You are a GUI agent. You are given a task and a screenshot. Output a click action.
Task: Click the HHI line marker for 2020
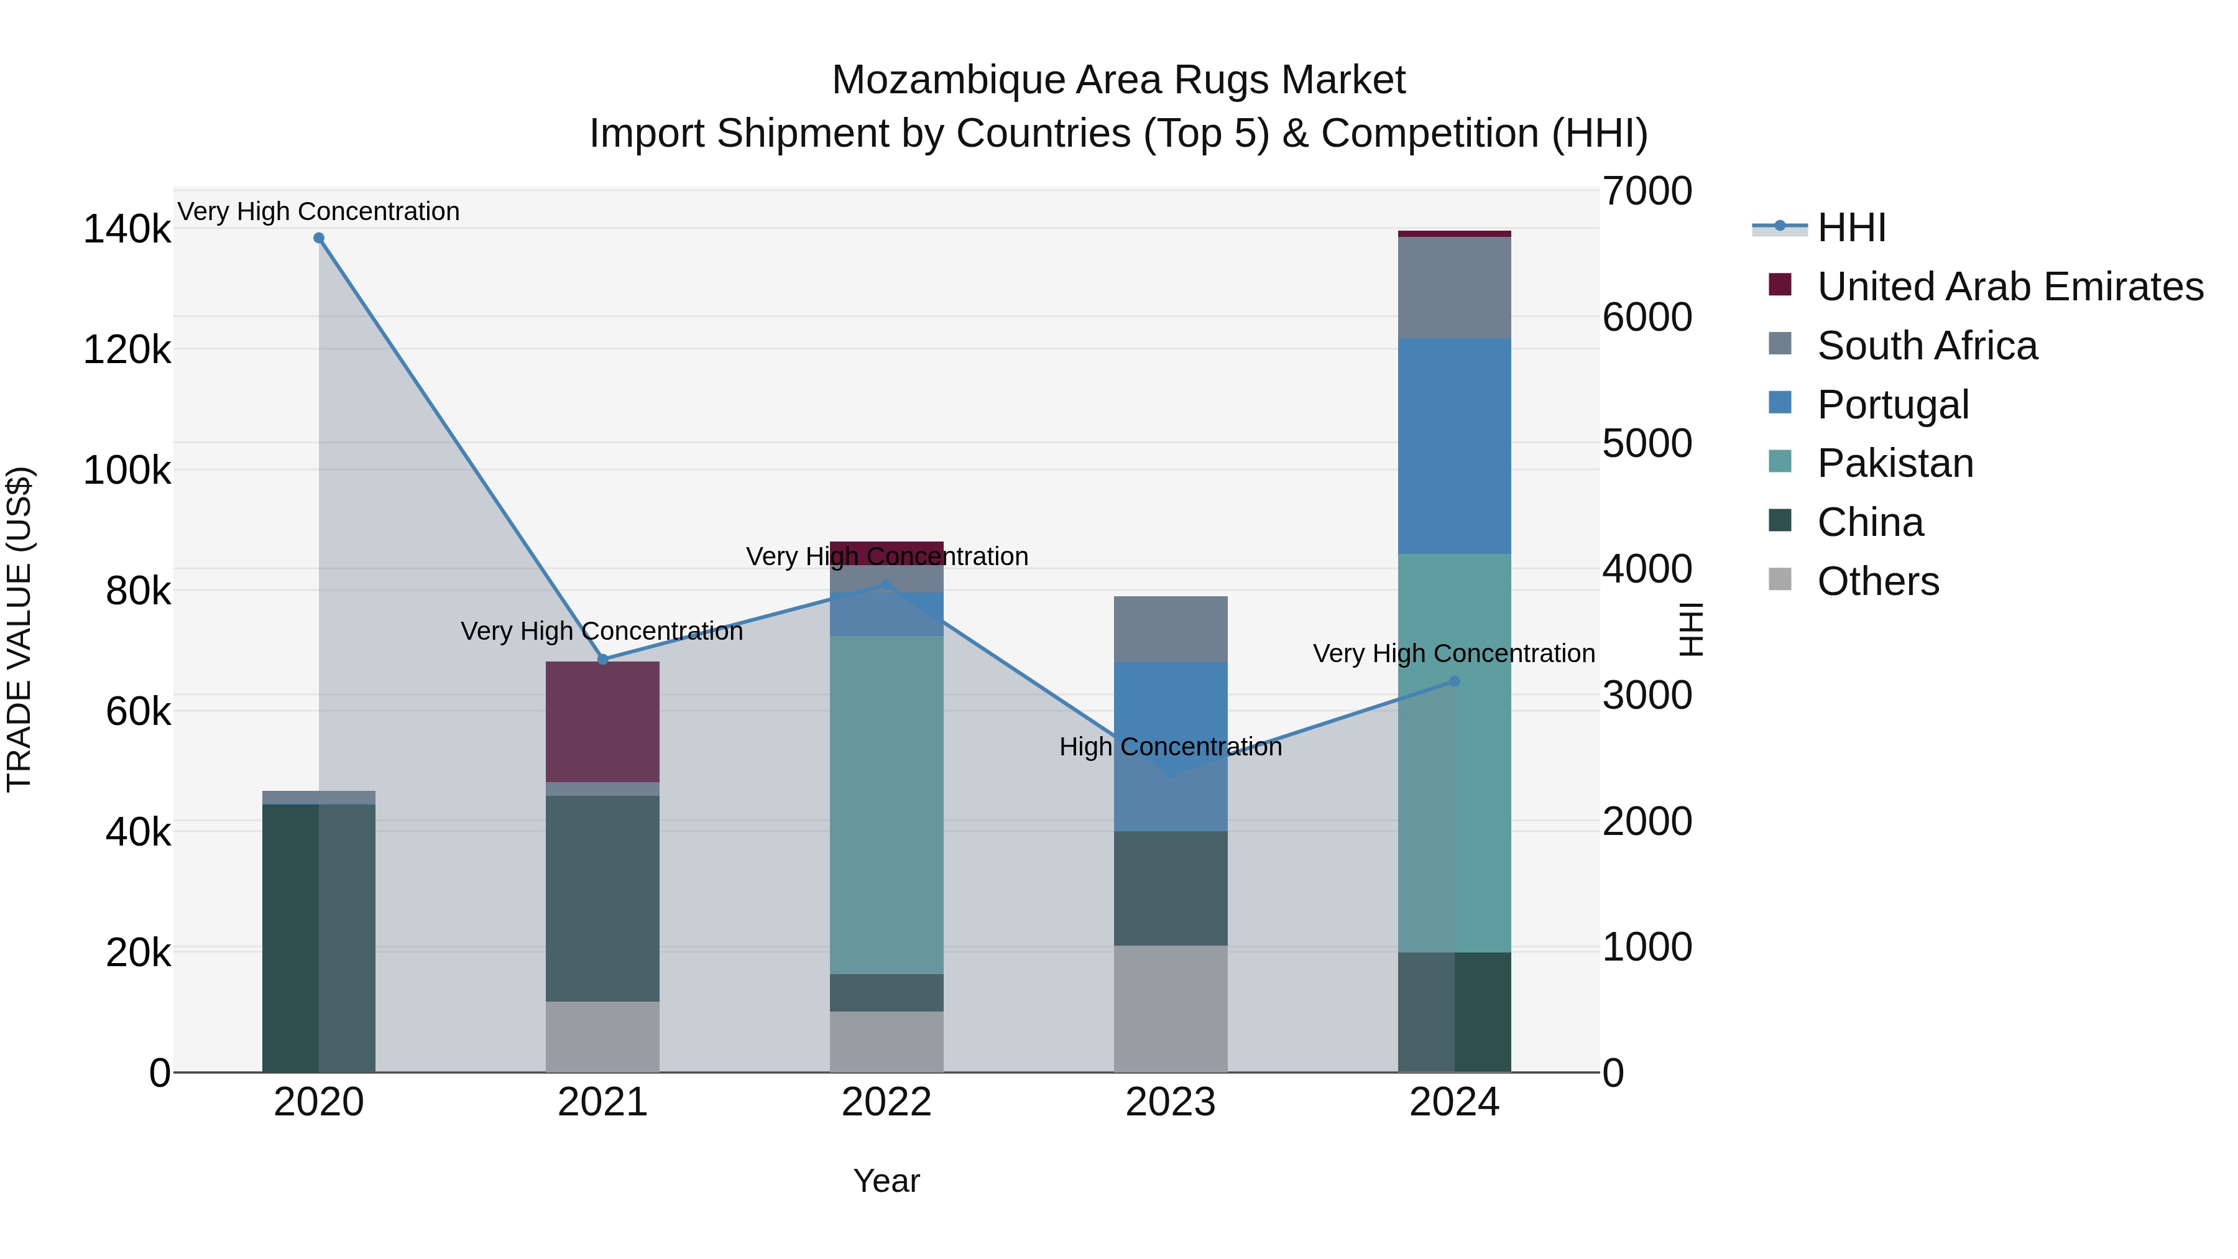point(319,238)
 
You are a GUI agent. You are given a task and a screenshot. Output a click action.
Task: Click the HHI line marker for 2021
point(603,660)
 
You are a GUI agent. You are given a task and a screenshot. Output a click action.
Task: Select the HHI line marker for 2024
point(1454,681)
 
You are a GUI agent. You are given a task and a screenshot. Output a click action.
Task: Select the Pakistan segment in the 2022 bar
point(886,804)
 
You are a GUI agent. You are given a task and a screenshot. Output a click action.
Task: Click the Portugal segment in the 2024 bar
point(1454,445)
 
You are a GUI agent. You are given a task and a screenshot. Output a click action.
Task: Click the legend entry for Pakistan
point(1895,463)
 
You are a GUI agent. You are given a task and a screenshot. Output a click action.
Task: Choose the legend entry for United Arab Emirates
point(2009,287)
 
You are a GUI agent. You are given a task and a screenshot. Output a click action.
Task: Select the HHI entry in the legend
point(1851,228)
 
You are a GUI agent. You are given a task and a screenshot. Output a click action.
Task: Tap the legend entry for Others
point(1877,581)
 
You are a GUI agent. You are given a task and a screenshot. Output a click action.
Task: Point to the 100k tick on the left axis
point(127,471)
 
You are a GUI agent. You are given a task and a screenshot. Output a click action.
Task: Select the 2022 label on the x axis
point(886,1102)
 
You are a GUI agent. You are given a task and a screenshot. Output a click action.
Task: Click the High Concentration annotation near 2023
point(1170,746)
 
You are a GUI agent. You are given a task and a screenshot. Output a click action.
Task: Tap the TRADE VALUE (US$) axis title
point(19,629)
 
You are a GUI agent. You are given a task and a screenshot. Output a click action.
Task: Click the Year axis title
point(886,1181)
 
